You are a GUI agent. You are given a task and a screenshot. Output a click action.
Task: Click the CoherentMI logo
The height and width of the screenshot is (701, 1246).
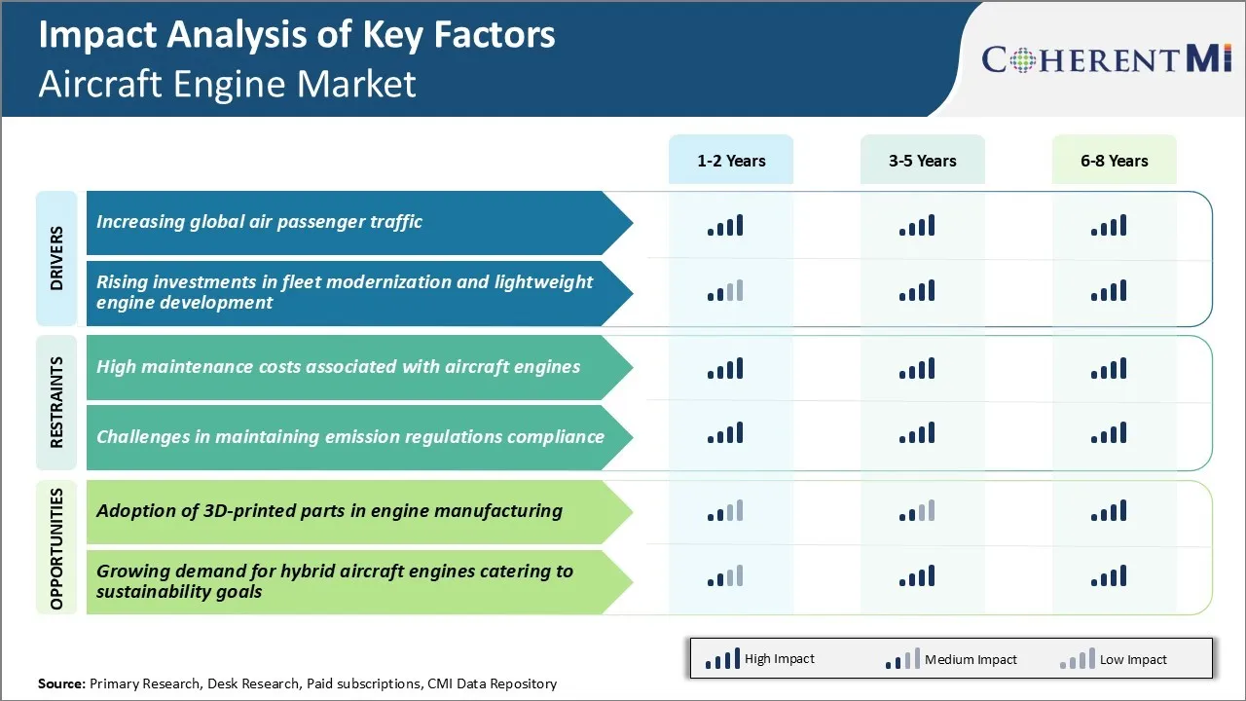coord(1107,59)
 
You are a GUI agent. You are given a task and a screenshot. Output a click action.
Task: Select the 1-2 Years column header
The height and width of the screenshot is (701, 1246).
coord(731,161)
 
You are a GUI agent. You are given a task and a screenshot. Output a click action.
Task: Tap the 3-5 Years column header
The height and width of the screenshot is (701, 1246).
coord(922,161)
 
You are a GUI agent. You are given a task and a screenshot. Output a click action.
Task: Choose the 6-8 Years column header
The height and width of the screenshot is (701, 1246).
coord(1114,161)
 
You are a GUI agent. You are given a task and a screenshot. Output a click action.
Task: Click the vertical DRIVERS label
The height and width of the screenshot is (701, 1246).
coord(56,258)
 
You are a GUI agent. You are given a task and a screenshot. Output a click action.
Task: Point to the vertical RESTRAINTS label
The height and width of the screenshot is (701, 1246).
coord(56,402)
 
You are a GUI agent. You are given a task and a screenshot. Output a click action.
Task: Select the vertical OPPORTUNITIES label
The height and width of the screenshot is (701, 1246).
coord(56,548)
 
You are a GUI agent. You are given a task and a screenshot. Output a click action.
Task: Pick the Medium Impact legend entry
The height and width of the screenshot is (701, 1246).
coord(951,659)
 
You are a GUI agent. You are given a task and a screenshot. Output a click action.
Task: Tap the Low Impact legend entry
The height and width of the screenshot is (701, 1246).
coord(1114,659)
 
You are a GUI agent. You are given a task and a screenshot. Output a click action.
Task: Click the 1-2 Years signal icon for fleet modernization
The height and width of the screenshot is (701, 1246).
coord(725,291)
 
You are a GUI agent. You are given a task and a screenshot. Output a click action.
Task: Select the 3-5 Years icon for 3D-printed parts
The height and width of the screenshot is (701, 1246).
coord(917,511)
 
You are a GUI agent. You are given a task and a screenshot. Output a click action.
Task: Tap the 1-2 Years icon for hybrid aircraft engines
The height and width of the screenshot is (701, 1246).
coord(725,576)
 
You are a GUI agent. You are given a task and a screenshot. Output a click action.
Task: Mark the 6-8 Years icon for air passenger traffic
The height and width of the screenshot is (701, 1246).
coord(1109,226)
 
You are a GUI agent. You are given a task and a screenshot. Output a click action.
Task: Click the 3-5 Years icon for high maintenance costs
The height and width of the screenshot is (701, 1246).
coord(917,368)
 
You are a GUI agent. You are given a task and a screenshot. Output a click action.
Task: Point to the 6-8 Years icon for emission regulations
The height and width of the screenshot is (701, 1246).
coord(1109,433)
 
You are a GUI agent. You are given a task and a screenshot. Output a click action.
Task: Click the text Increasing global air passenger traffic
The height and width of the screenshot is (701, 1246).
coord(259,222)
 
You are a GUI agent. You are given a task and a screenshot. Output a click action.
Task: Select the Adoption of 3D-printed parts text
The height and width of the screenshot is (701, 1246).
coord(329,510)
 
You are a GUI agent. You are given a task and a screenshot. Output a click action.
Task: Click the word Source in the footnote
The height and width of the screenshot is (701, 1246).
coord(61,683)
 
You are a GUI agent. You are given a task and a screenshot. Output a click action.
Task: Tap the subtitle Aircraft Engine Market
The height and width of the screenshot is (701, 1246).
coord(227,84)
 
